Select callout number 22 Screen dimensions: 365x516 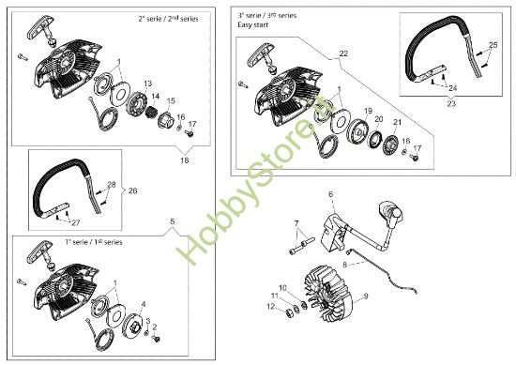click(x=342, y=54)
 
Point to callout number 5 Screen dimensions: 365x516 click(x=172, y=221)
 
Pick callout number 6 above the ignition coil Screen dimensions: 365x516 click(x=330, y=194)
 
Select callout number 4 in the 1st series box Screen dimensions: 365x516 click(x=144, y=303)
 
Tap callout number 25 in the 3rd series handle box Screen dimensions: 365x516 click(x=494, y=45)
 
